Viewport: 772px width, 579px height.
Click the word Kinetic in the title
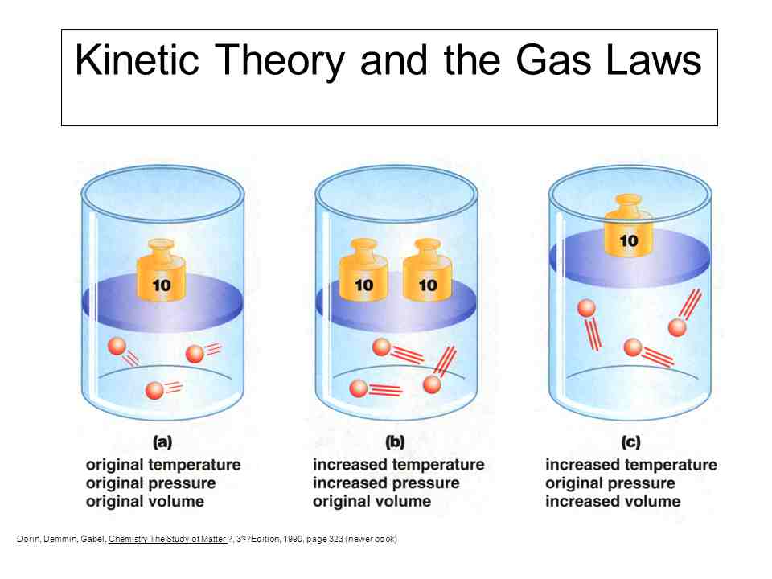137,60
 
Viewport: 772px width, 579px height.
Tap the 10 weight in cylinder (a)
162,270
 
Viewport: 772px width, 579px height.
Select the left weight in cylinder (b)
363,270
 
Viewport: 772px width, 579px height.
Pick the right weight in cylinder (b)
427,270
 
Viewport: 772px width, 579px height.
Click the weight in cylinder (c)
629,225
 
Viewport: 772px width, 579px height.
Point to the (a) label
162,441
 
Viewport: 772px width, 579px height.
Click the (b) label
395,441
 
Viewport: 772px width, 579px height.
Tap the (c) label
630,441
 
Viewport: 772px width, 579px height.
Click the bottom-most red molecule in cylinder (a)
154,391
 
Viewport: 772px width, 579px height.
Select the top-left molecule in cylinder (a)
117,346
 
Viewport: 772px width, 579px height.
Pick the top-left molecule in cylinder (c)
586,308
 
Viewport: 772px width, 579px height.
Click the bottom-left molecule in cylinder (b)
359,388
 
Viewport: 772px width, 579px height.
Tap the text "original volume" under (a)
145,501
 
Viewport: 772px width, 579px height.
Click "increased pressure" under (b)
386,483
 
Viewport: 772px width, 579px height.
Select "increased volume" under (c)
613,501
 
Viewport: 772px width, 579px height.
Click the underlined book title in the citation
167,539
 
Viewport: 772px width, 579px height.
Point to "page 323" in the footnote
324,539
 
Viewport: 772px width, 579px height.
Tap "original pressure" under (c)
610,483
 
